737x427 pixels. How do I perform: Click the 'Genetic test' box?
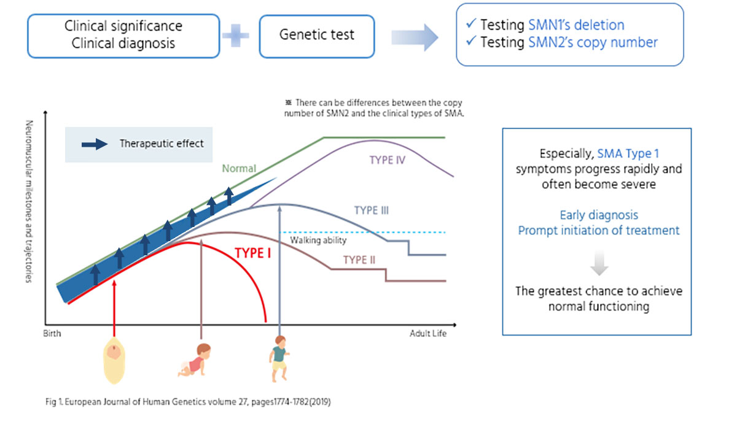coord(316,36)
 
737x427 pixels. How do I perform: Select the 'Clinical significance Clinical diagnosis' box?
coord(123,36)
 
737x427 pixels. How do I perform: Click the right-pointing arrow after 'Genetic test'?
coord(415,37)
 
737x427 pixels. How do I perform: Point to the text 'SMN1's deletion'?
coord(576,25)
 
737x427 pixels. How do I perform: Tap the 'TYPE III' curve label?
coord(372,211)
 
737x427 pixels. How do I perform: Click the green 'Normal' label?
coord(239,168)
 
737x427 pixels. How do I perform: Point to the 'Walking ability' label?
coord(318,240)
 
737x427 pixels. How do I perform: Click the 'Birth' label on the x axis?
coord(53,334)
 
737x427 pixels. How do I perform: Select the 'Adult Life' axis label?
coord(428,334)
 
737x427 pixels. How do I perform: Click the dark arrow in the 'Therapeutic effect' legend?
coord(94,144)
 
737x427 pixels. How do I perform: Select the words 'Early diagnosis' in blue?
coord(599,215)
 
